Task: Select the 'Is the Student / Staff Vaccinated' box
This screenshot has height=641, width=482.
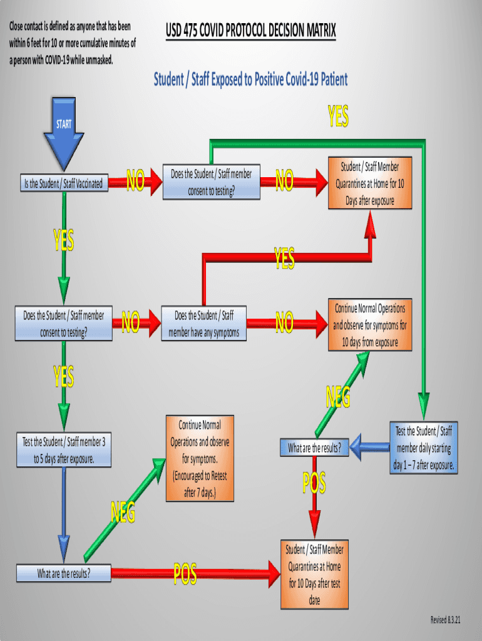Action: [x=62, y=184]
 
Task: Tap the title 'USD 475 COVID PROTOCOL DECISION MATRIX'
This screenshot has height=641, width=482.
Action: [x=250, y=30]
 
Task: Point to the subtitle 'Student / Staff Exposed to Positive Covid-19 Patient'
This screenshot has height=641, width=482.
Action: [x=250, y=79]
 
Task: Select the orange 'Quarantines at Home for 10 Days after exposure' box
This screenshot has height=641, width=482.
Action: [x=369, y=183]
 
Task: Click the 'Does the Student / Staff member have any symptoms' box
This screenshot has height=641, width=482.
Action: [x=203, y=324]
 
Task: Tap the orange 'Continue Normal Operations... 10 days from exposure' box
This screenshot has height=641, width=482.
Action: [x=369, y=325]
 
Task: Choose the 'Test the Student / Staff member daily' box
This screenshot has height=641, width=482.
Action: [x=423, y=448]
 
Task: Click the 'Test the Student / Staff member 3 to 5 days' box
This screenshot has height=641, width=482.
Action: [x=64, y=450]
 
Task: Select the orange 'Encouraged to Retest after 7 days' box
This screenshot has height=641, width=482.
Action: [x=200, y=458]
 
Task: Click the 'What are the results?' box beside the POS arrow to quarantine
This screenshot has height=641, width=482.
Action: [x=63, y=573]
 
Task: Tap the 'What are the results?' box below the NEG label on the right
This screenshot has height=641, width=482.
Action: [x=314, y=448]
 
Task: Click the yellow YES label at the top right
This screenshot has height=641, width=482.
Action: [x=338, y=116]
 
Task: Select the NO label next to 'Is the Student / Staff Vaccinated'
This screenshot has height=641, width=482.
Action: [x=135, y=182]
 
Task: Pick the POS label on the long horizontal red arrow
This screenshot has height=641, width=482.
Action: [x=185, y=573]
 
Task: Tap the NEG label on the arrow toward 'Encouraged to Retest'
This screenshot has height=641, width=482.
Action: [x=123, y=513]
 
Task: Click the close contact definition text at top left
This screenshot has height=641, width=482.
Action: [x=72, y=43]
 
